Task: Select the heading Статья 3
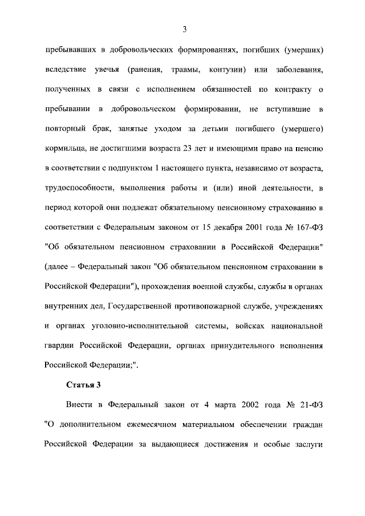click(83, 384)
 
